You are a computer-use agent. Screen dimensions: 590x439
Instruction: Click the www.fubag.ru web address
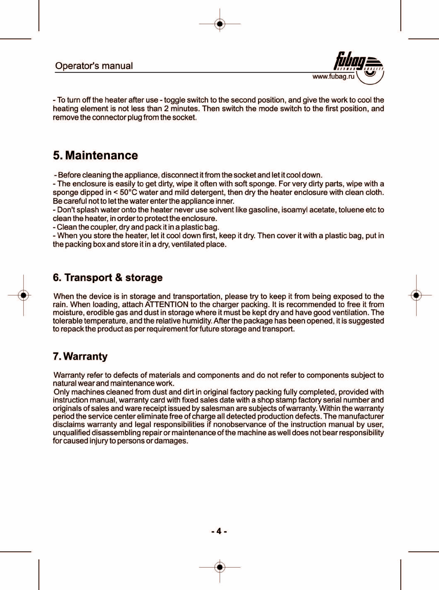tap(333, 77)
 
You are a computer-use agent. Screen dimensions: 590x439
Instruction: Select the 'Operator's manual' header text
tap(94, 66)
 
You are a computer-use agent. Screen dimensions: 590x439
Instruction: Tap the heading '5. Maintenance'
tap(95, 155)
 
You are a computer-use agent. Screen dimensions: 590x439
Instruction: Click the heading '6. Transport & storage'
tap(108, 278)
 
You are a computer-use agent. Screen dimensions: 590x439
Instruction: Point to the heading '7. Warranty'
tap(80, 357)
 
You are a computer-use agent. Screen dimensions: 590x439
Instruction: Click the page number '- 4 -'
tap(219, 531)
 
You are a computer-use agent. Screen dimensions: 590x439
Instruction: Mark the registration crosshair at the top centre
tap(220, 24)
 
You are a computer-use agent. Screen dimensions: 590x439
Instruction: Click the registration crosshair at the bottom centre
tap(220, 567)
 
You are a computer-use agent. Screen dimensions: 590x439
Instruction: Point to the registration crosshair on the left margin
tap(24, 295)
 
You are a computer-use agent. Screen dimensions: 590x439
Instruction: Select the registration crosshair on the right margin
tap(416, 295)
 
